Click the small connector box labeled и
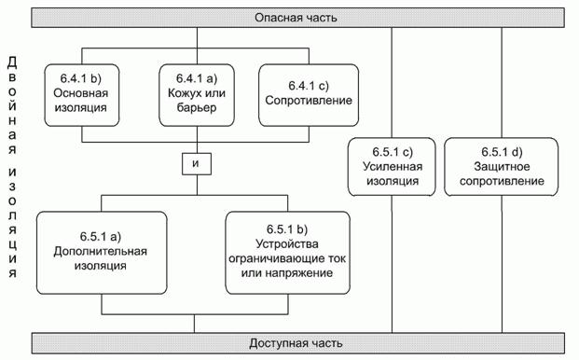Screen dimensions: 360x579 (196, 164)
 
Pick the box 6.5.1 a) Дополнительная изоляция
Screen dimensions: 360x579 (102, 253)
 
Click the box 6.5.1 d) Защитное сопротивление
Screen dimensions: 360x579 (502, 167)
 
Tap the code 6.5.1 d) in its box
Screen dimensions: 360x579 (502, 151)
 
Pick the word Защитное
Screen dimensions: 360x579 (502, 167)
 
